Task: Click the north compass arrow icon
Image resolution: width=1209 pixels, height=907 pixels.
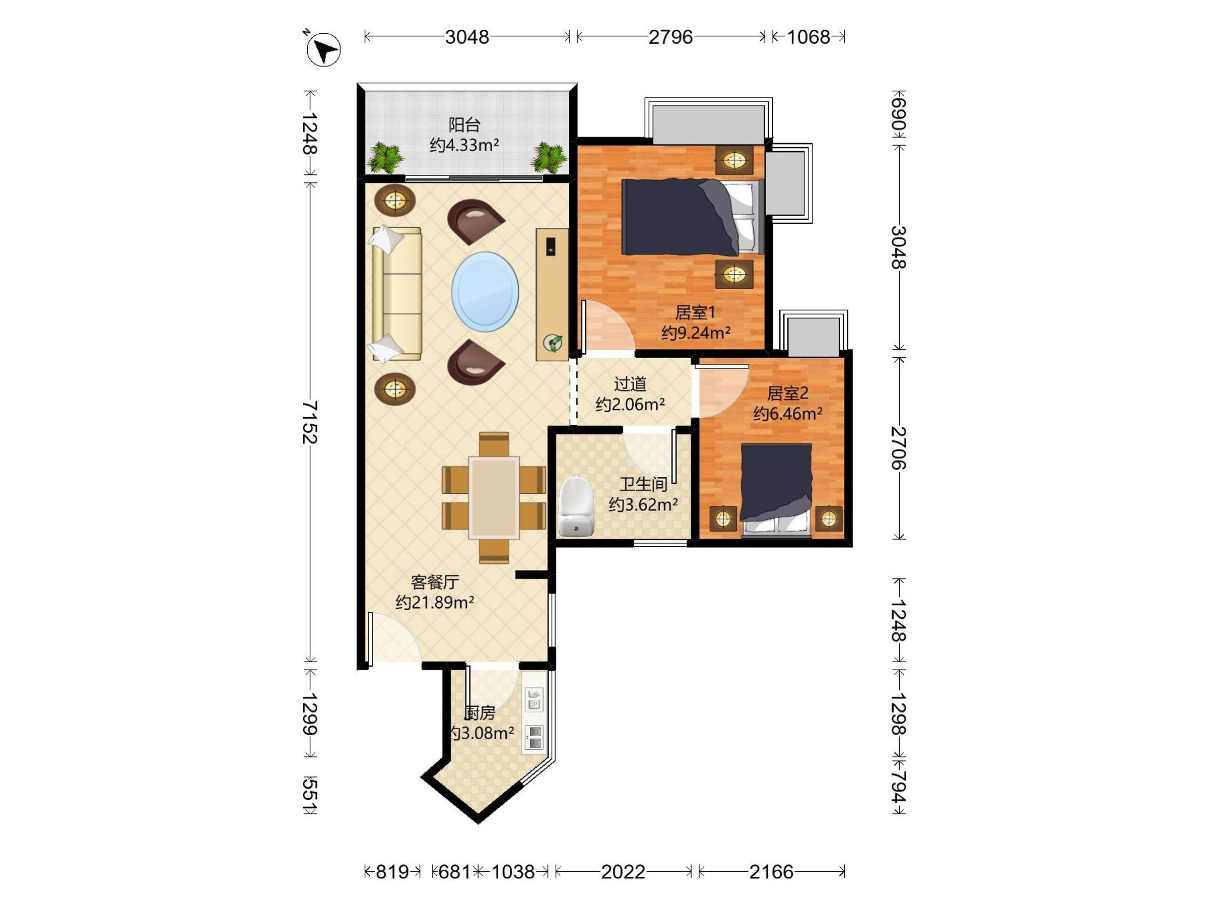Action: click(x=323, y=50)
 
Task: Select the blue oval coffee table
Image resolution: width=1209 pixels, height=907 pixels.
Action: click(x=485, y=291)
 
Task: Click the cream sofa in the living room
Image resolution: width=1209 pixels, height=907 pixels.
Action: click(x=397, y=294)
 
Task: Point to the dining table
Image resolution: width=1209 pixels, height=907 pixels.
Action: click(x=494, y=497)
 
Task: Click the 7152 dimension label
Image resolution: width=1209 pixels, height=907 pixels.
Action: click(x=310, y=422)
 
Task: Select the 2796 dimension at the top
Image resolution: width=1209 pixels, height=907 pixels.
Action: click(x=670, y=37)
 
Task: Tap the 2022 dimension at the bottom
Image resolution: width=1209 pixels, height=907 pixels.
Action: click(x=623, y=871)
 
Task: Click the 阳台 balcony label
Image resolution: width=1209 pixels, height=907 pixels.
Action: click(x=464, y=124)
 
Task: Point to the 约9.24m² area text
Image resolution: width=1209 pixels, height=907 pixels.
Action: click(x=695, y=333)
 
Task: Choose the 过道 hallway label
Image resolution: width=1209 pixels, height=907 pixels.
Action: click(x=630, y=384)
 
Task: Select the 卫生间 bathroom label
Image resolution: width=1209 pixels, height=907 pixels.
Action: click(x=643, y=484)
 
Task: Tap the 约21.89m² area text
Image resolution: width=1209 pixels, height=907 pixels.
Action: click(x=435, y=602)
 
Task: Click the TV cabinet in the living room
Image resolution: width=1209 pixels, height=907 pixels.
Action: click(x=552, y=294)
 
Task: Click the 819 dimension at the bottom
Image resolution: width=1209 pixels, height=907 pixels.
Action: click(x=392, y=871)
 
